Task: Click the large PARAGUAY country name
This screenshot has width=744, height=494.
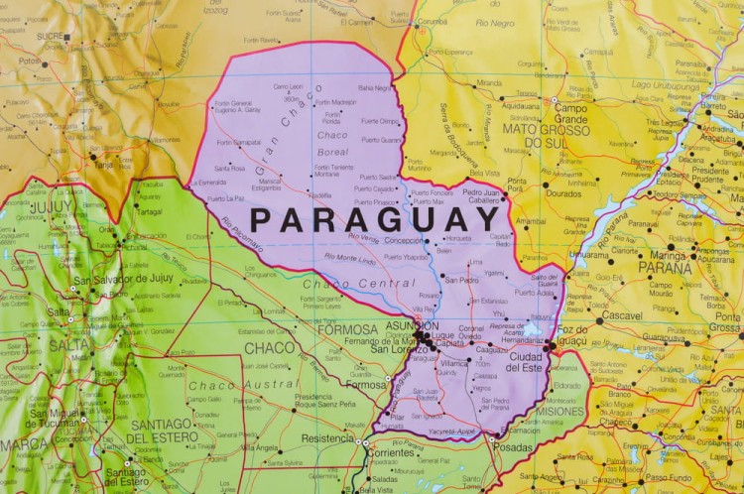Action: [x=374, y=218]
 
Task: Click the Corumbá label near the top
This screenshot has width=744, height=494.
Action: [x=431, y=21]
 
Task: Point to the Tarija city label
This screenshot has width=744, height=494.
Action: [x=105, y=165]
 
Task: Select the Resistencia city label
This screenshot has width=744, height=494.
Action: [x=327, y=437]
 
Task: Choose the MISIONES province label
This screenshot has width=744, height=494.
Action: [x=560, y=411]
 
